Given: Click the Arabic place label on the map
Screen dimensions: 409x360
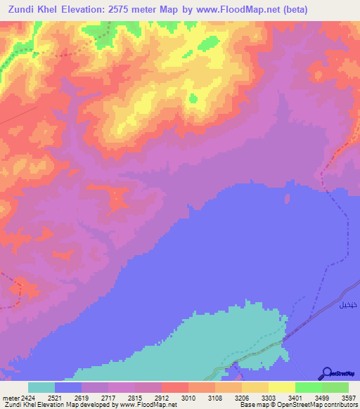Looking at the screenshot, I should click(x=347, y=306).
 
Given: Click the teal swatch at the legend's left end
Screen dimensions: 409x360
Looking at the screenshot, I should click(x=41, y=387).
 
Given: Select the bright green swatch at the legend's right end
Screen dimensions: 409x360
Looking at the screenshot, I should click(x=335, y=387).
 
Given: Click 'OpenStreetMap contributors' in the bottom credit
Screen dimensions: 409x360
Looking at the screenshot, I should click(x=321, y=405).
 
